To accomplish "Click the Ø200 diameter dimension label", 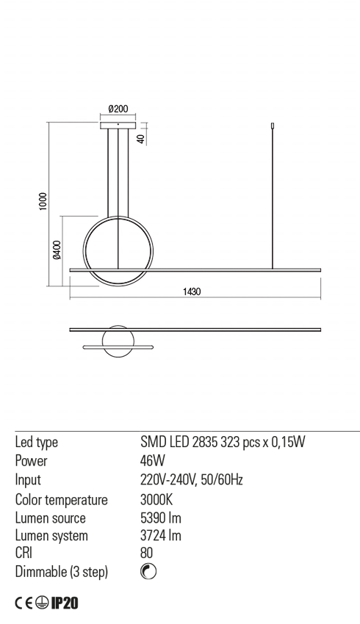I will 118,109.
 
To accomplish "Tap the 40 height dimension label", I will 140,138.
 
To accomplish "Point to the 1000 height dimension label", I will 43,201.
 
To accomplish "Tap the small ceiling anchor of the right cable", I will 273,126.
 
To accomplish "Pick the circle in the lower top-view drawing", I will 118,342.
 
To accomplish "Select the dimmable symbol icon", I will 148,573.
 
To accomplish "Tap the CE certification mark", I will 24,603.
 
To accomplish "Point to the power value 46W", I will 152,461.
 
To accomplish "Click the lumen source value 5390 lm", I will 160,518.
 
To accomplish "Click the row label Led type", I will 36,442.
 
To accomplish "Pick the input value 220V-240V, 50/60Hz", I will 192,480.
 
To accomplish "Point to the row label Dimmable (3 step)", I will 61,573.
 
